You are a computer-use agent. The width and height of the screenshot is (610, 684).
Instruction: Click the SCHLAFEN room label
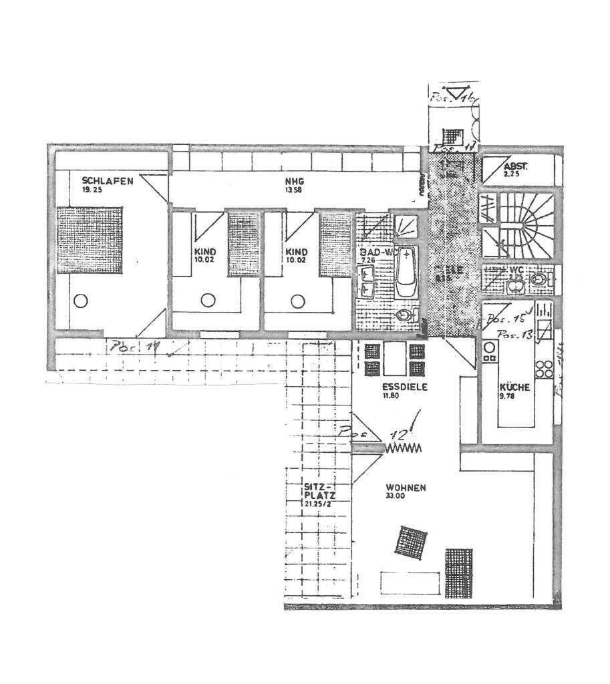tap(108, 180)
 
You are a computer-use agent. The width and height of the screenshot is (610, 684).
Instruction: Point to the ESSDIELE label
tap(404, 386)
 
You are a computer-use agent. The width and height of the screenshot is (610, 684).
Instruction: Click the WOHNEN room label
tap(406, 488)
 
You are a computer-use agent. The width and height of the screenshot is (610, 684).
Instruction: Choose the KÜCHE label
tap(514, 387)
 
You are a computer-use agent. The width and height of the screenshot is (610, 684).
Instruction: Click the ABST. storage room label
tap(516, 167)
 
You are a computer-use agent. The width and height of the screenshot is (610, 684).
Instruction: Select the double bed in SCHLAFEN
tap(90, 240)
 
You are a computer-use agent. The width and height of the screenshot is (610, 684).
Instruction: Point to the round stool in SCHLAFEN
tap(80, 301)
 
